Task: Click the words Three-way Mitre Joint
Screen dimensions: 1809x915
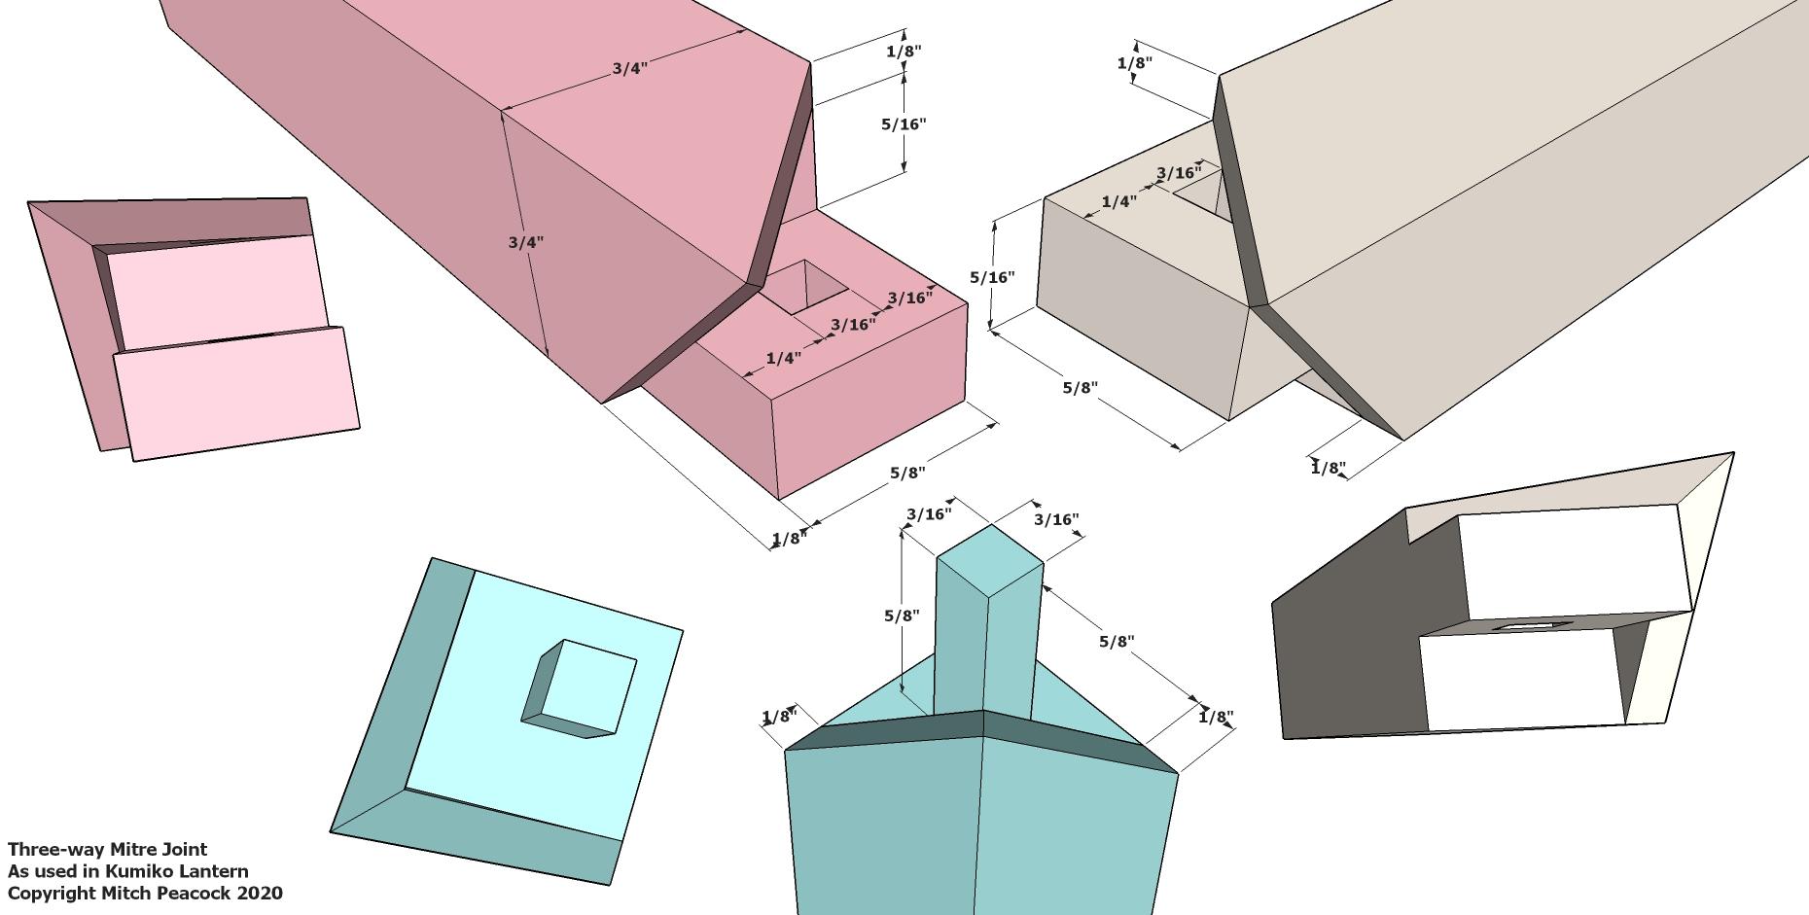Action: click(x=108, y=850)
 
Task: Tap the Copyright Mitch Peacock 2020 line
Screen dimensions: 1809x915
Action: click(x=145, y=893)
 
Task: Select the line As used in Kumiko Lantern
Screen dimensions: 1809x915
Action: click(x=127, y=871)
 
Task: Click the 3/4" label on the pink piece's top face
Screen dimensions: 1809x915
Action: click(x=629, y=69)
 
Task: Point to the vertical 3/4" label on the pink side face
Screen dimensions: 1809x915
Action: click(x=525, y=242)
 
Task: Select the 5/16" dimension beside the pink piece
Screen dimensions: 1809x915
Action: click(x=904, y=124)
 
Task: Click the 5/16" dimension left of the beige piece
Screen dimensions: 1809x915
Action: click(x=992, y=277)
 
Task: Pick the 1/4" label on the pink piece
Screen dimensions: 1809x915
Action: click(x=783, y=358)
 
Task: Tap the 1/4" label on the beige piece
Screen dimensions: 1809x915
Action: click(x=1118, y=202)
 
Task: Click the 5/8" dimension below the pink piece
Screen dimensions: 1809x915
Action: click(x=906, y=473)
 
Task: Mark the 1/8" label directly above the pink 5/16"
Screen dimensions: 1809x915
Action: click(x=904, y=52)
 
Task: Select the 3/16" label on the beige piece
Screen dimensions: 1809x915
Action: click(x=1179, y=173)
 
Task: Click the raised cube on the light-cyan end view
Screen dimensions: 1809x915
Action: click(x=580, y=688)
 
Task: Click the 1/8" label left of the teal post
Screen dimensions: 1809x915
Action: click(x=778, y=718)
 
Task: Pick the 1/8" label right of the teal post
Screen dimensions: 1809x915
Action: click(x=1216, y=718)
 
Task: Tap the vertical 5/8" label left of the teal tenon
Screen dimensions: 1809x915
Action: click(x=902, y=616)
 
